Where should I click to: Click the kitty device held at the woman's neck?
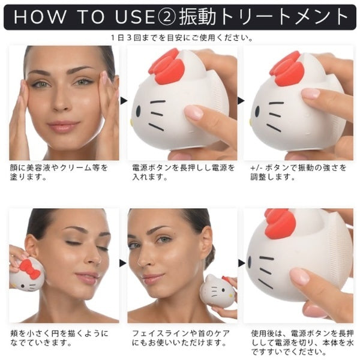217,291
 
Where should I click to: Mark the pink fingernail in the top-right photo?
311,94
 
